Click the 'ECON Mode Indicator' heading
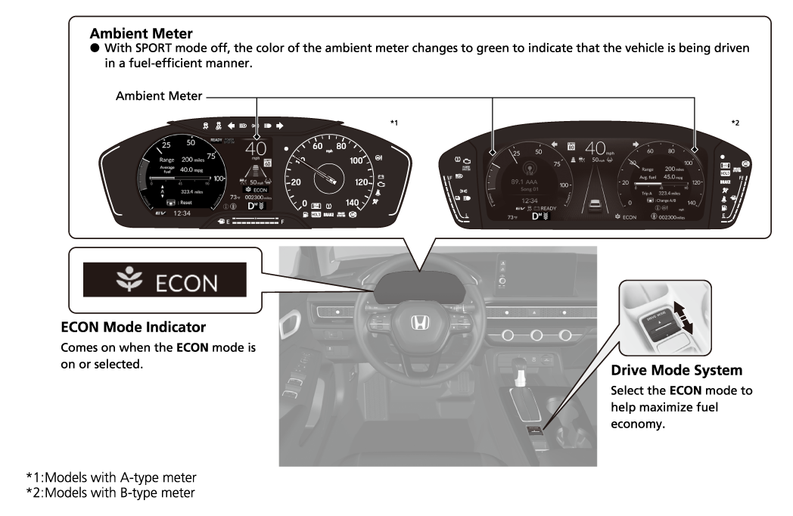coord(133,328)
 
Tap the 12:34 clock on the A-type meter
coord(182,213)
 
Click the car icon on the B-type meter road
coord(596,204)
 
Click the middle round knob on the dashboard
coord(534,334)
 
